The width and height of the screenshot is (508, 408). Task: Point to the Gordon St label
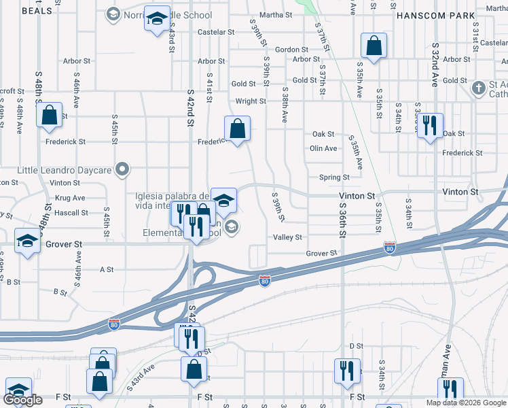click(x=292, y=50)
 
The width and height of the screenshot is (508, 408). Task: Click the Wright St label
click(x=251, y=101)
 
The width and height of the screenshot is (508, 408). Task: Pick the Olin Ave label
click(x=323, y=148)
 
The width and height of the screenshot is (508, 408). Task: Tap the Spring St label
click(x=334, y=177)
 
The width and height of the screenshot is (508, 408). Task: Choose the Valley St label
click(x=287, y=237)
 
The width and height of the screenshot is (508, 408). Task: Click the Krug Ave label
click(x=71, y=198)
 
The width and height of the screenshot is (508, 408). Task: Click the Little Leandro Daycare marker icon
click(x=122, y=169)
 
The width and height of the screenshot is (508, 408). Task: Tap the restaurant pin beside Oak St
click(x=429, y=126)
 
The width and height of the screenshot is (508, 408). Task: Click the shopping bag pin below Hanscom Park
click(x=374, y=46)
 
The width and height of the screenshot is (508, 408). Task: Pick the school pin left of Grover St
click(x=27, y=242)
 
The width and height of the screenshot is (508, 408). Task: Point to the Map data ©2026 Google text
click(x=465, y=403)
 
